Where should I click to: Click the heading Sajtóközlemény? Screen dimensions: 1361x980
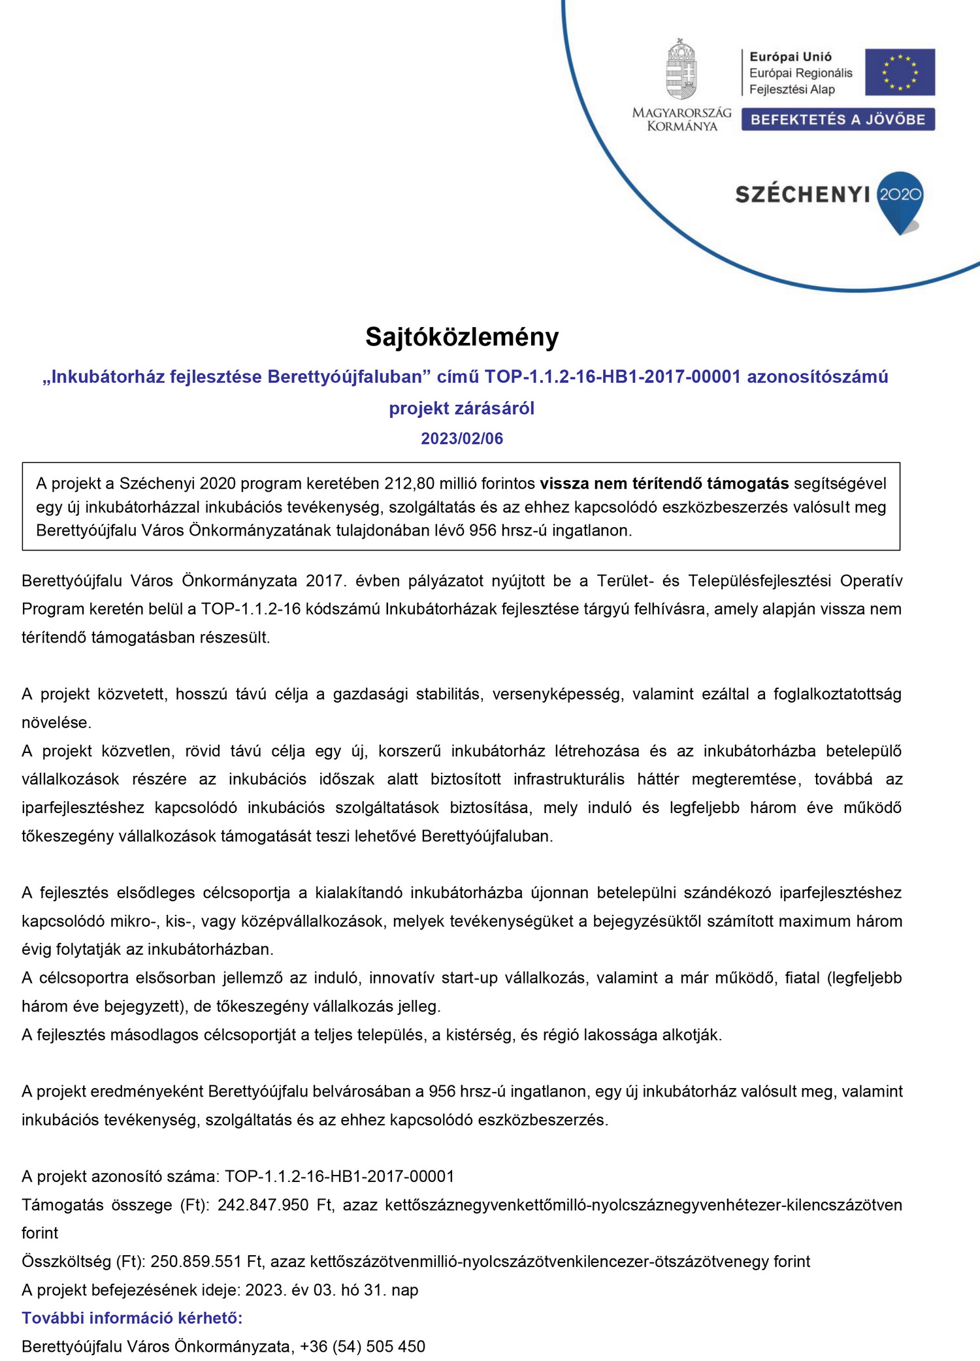(x=462, y=337)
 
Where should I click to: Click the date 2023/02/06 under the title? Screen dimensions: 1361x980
(x=462, y=438)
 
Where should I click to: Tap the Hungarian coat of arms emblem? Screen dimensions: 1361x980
(x=681, y=69)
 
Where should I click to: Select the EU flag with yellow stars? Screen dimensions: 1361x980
(x=900, y=72)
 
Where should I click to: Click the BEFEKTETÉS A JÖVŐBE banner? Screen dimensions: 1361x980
(x=838, y=120)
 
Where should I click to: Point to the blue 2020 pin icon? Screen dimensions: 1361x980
(x=900, y=199)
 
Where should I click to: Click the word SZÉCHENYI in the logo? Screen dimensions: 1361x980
(x=802, y=195)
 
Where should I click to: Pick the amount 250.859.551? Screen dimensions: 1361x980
(x=196, y=1262)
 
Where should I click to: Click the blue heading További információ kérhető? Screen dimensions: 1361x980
(x=132, y=1318)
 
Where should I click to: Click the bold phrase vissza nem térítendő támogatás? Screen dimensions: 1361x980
(x=664, y=484)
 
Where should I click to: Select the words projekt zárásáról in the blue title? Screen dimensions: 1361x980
(x=462, y=408)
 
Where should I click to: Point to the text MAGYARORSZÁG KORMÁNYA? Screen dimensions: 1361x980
(x=681, y=120)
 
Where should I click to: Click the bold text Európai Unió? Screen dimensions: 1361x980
(x=791, y=57)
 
